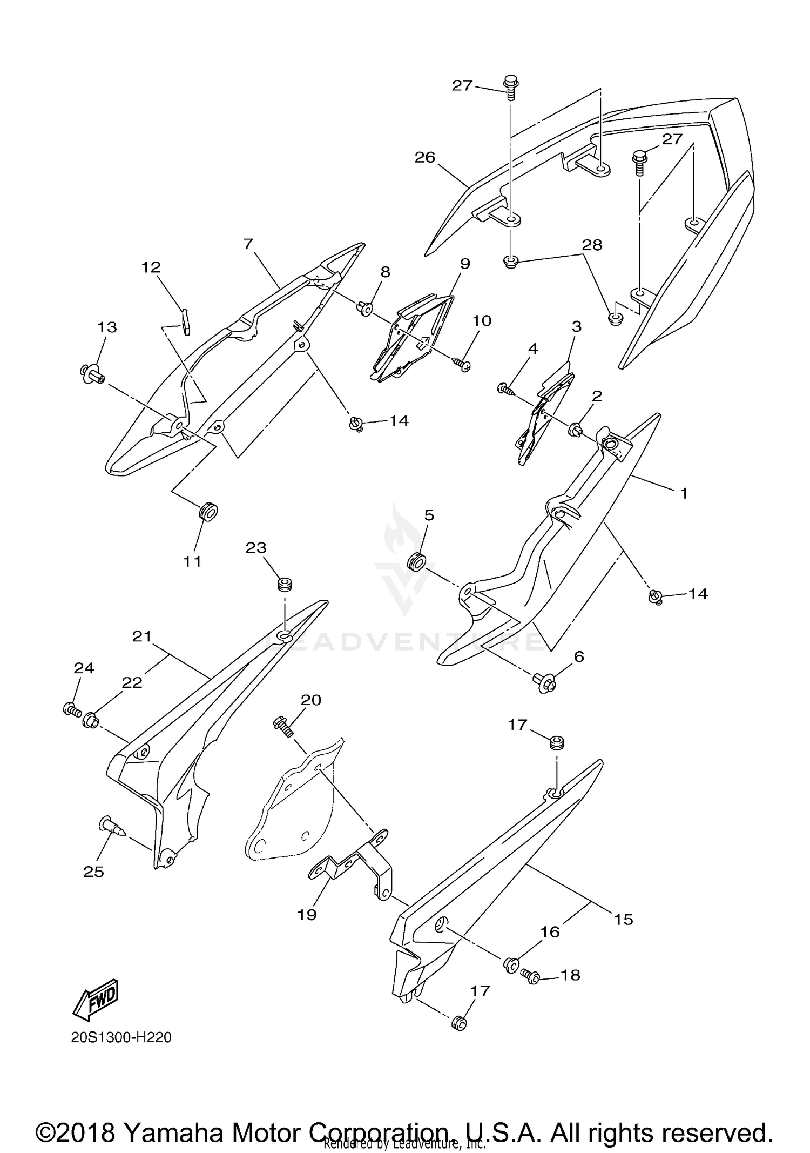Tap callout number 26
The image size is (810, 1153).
coord(425,157)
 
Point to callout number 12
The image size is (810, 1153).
coord(151,267)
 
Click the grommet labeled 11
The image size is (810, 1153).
coord(208,511)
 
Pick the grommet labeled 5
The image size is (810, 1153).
coord(416,561)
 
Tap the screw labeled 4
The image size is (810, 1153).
coord(506,389)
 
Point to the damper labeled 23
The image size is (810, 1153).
coord(285,585)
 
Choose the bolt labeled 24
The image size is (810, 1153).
coord(71,708)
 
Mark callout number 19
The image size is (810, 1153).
coord(307,914)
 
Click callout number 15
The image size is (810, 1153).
coord(623,919)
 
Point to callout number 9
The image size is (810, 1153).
coord(465,264)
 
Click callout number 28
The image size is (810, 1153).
coord(592,245)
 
